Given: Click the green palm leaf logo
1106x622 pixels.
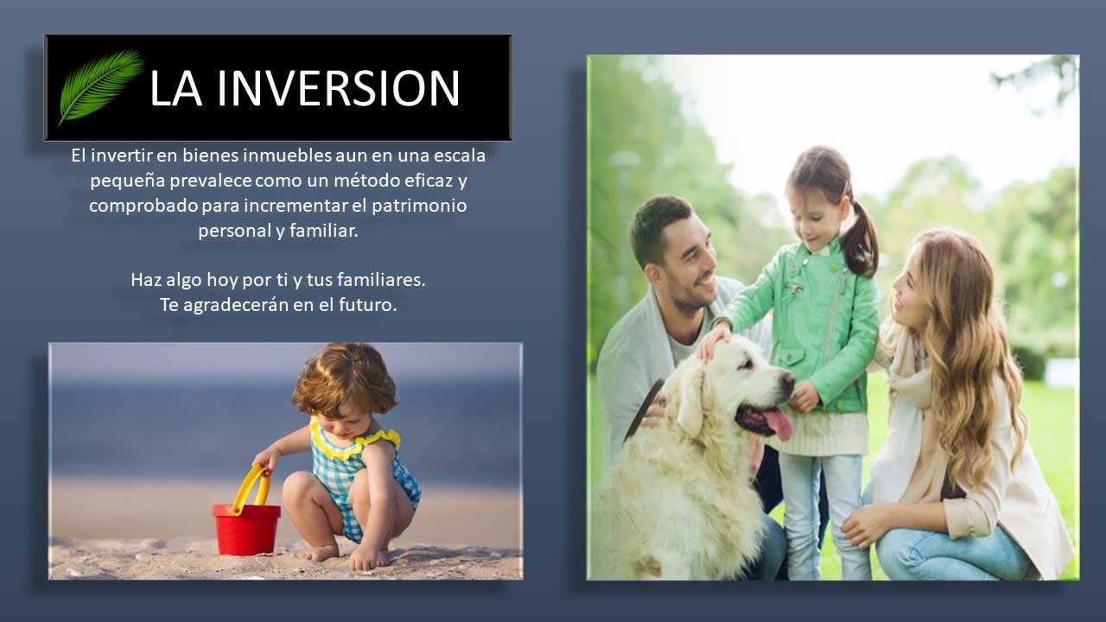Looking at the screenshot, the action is click(x=101, y=86).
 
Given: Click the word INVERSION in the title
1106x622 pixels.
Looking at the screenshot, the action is click(x=338, y=88).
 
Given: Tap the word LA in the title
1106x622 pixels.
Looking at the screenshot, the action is click(x=175, y=88).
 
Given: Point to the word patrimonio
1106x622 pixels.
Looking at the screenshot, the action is click(x=419, y=206).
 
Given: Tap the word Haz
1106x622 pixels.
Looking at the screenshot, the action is click(x=146, y=280).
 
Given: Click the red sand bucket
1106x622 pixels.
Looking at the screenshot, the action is click(x=246, y=530).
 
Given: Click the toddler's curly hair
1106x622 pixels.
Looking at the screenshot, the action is click(x=345, y=379).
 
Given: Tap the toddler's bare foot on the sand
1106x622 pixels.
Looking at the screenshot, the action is click(x=321, y=554).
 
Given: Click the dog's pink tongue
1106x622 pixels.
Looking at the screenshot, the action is click(x=779, y=423).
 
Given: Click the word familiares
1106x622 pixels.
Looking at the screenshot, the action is click(x=381, y=280).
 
